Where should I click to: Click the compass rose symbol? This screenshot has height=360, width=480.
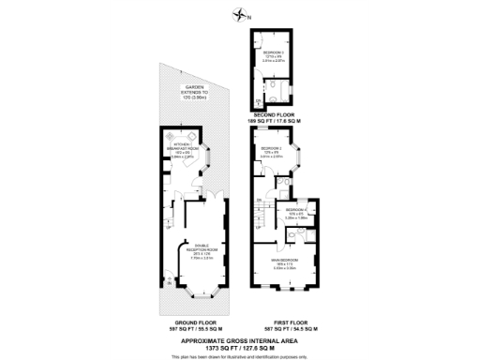(x=242, y=14)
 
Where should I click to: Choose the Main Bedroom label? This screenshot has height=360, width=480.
(x=284, y=262)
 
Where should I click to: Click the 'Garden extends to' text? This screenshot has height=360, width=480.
(x=193, y=91)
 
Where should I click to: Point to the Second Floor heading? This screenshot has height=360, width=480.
(x=277, y=115)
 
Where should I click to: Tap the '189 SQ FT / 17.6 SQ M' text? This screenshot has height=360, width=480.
(x=277, y=122)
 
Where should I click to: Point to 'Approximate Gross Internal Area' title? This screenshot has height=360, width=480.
(x=240, y=340)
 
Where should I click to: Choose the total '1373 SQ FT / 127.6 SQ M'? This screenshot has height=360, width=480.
(x=240, y=347)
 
